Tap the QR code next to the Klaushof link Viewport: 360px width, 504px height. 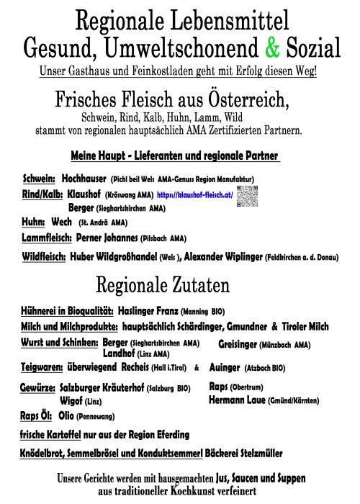click(246, 196)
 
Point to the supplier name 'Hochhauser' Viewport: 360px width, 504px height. click(84, 178)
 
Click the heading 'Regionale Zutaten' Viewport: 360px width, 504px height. click(162, 285)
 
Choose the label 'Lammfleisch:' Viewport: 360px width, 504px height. click(47, 238)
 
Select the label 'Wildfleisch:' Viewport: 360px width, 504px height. click(45, 256)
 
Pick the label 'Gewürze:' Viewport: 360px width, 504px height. click(37, 388)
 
